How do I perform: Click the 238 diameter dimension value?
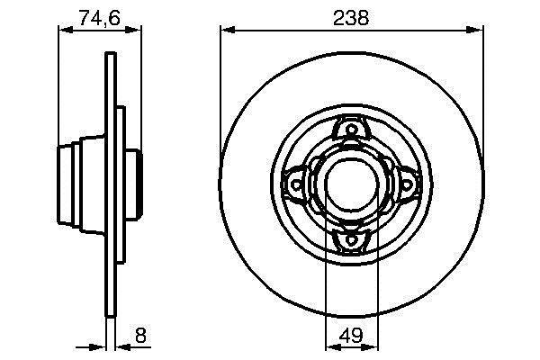[x=351, y=18]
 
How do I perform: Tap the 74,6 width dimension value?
[x=99, y=18]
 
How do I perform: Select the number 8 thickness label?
[x=140, y=335]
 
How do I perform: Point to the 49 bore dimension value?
[x=351, y=335]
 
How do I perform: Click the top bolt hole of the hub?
[x=352, y=130]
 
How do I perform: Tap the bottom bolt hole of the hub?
[x=351, y=239]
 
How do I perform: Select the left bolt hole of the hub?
[x=296, y=184]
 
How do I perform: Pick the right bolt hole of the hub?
[x=407, y=184]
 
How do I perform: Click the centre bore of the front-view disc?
[x=352, y=184]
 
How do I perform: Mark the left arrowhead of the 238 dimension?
[x=228, y=30]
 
